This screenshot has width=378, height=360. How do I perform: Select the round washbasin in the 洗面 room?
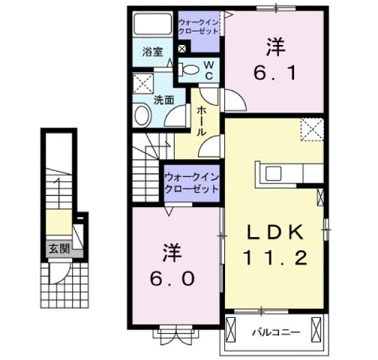(141, 116)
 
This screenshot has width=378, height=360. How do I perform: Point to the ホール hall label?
(202, 120)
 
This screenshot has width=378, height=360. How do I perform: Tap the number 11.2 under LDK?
(274, 259)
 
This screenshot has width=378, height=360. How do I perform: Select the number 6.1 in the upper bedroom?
(274, 73)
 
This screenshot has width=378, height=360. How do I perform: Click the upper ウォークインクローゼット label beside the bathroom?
(199, 29)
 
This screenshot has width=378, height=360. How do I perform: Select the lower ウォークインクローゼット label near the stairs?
(190, 182)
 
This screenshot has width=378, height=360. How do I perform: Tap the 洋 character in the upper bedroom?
(274, 46)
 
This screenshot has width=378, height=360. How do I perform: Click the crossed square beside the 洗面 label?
(142, 82)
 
